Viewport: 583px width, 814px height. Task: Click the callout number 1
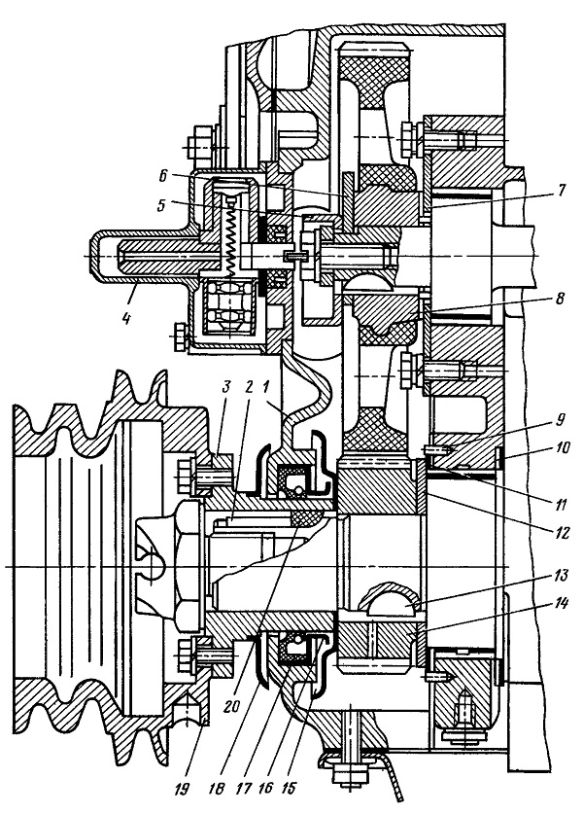click(x=265, y=387)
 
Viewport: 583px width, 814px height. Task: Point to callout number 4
click(x=125, y=317)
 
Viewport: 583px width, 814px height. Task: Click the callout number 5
click(x=163, y=205)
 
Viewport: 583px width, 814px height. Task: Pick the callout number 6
click(x=163, y=176)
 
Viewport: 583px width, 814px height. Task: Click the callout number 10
click(x=561, y=447)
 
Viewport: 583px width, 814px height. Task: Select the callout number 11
click(x=561, y=504)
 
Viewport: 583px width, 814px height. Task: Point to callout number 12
click(x=562, y=532)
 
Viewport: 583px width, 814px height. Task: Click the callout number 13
click(x=562, y=575)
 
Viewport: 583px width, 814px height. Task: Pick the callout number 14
click(x=562, y=604)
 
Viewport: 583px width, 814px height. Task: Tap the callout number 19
click(x=181, y=789)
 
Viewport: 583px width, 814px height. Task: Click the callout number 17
click(x=243, y=789)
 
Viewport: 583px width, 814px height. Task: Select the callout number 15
click(x=289, y=789)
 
